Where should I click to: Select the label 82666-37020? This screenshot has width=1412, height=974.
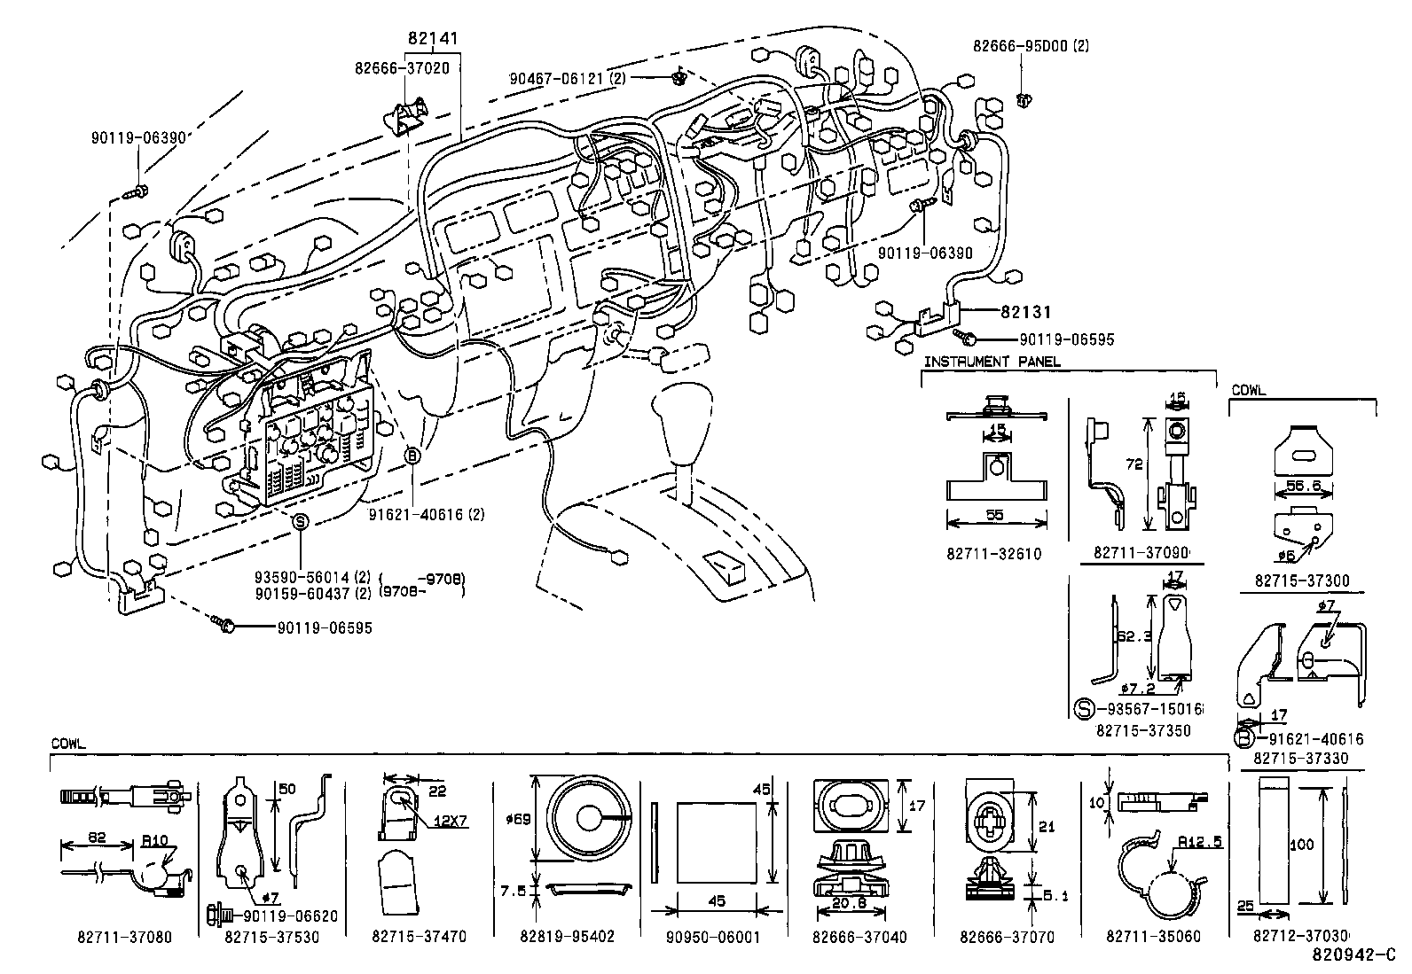pyautogui.click(x=401, y=67)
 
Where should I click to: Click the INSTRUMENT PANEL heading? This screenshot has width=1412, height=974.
pyautogui.click(x=991, y=362)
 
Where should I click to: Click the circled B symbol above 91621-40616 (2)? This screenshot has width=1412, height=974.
pyautogui.click(x=412, y=455)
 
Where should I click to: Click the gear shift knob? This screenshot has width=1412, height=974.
pyautogui.click(x=683, y=409)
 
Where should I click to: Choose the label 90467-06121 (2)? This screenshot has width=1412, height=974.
pyautogui.click(x=568, y=78)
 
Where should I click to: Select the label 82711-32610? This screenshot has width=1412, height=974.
pyautogui.click(x=993, y=554)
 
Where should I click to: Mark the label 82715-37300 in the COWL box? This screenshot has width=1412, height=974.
pyautogui.click(x=1301, y=581)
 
